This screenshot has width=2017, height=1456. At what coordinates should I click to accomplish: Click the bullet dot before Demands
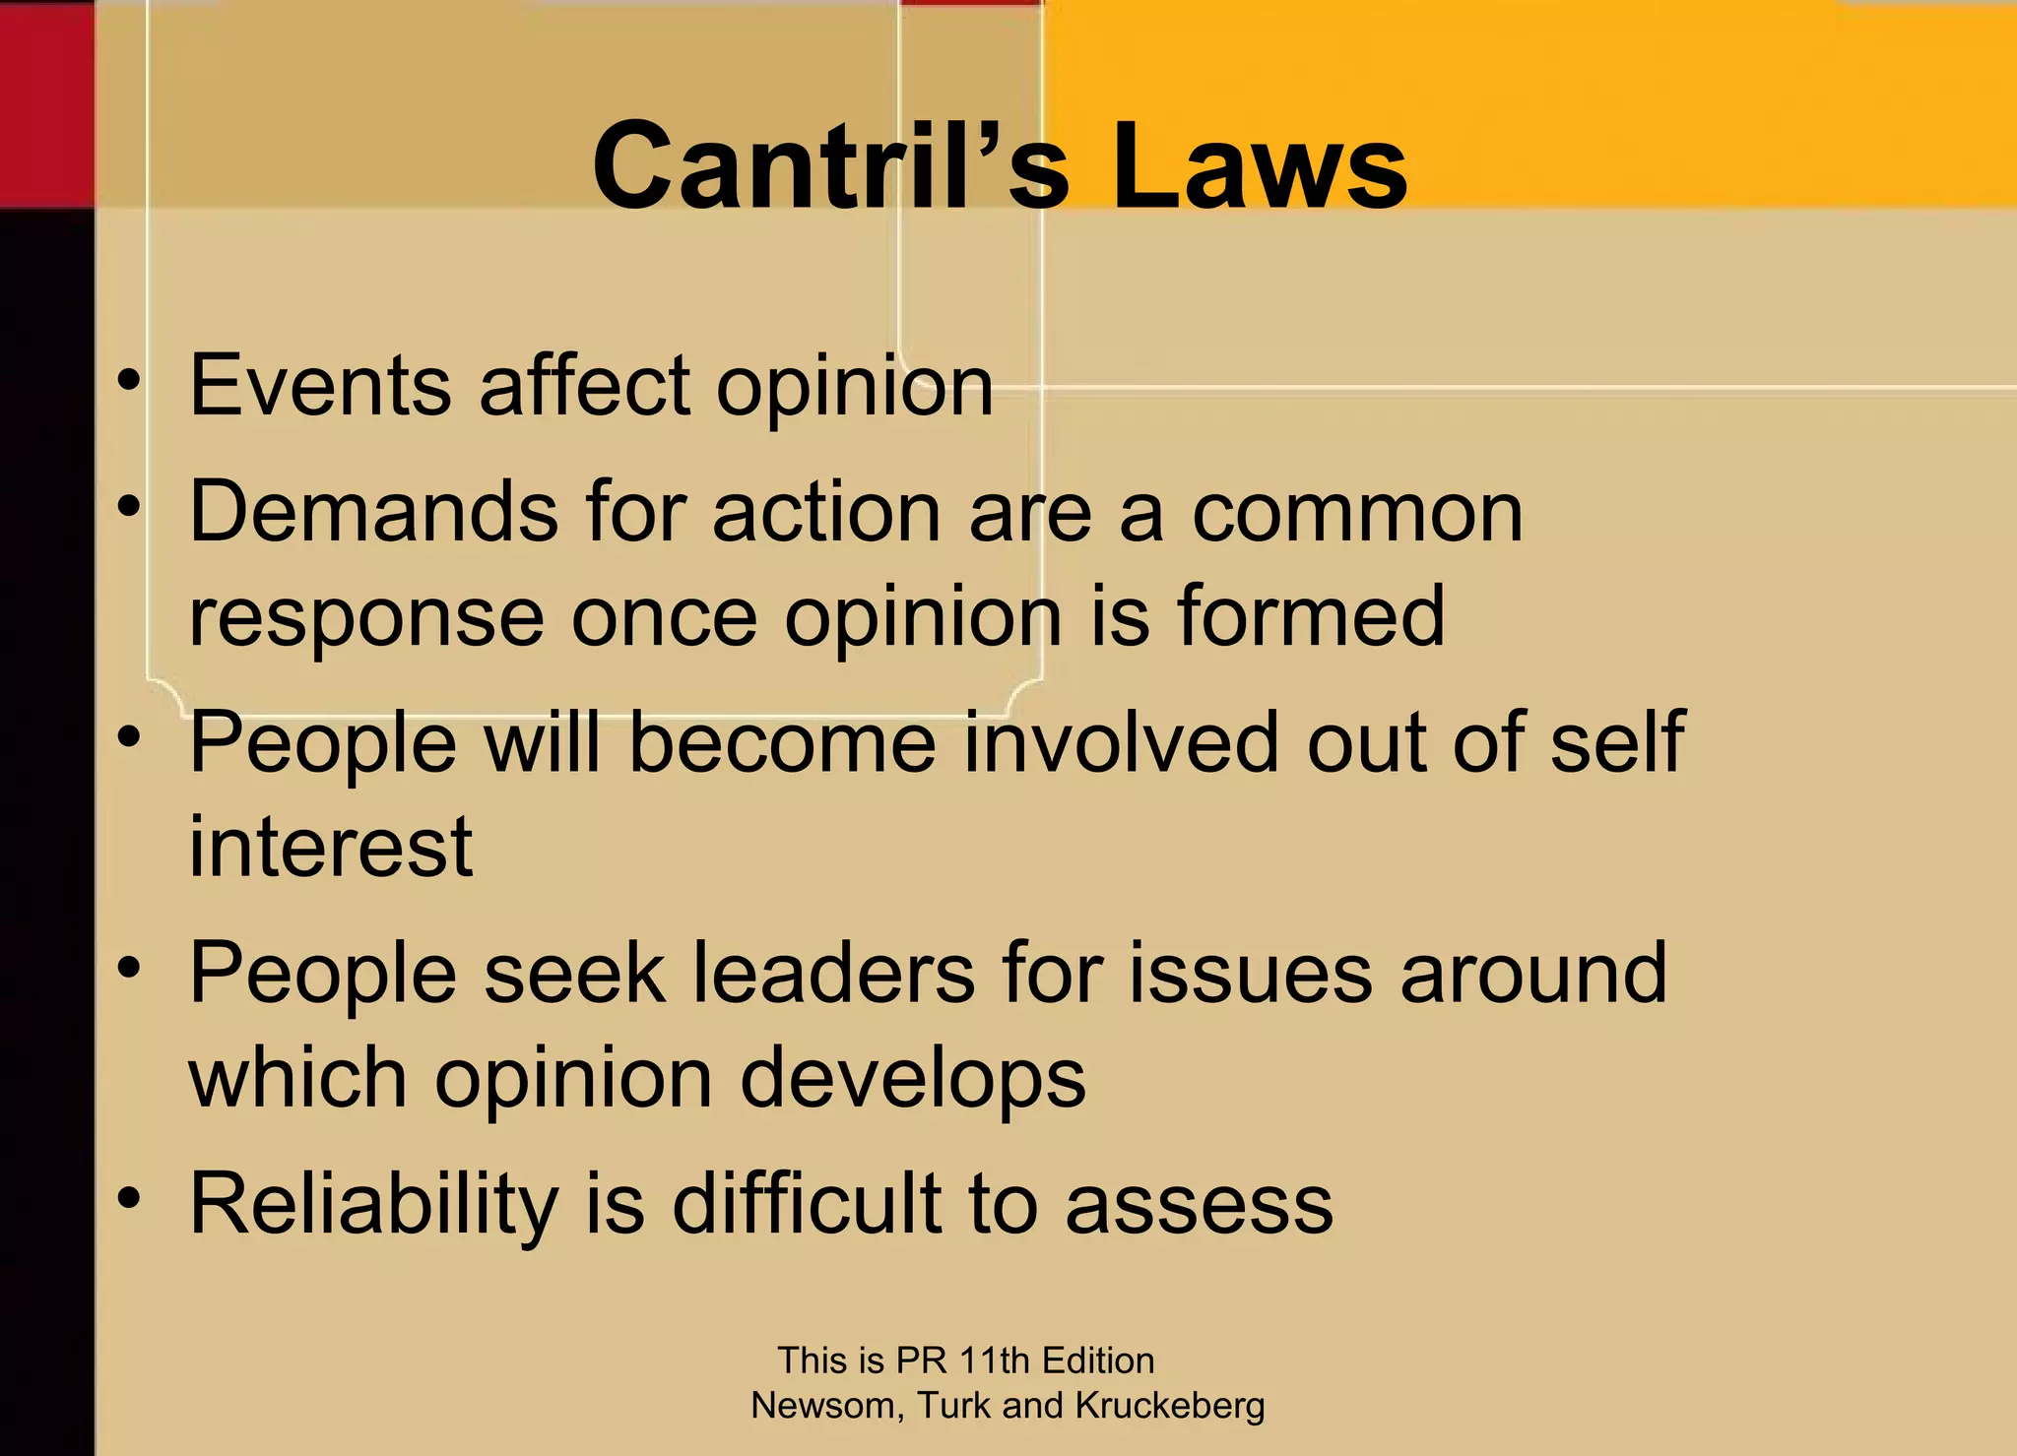(x=128, y=507)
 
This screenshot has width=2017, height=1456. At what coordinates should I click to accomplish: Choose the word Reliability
(x=374, y=1205)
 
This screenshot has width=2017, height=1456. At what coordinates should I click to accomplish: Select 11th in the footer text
(x=995, y=1361)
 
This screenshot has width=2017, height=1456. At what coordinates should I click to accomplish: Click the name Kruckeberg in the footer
(x=1169, y=1406)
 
